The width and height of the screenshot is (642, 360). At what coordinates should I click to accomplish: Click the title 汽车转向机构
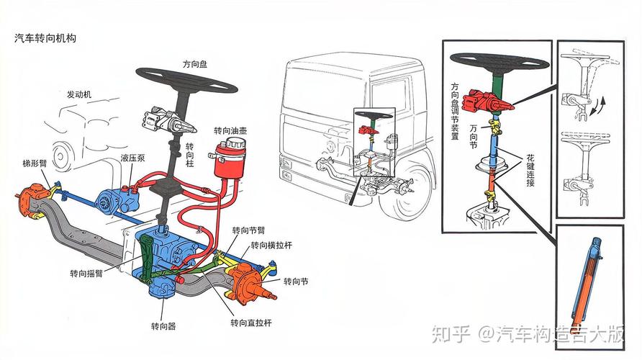tap(45, 38)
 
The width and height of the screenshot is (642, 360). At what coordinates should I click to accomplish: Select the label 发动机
tap(80, 94)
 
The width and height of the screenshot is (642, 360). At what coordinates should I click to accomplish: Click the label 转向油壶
tap(230, 131)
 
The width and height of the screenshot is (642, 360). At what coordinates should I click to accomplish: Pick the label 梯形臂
tap(35, 163)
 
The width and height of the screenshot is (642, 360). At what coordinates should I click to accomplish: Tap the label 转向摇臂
tap(86, 274)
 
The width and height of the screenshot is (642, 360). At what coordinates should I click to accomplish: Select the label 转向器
tap(163, 326)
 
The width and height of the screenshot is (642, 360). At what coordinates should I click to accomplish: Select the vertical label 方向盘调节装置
tap(455, 112)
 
